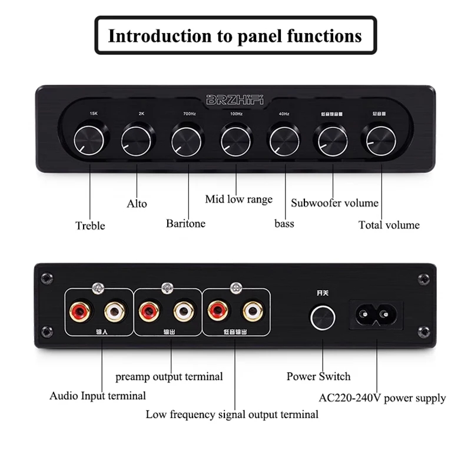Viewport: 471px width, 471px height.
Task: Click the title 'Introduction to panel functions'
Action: click(x=235, y=36)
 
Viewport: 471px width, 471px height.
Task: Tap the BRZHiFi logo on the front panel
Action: click(x=235, y=99)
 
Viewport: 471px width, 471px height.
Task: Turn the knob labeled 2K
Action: click(x=138, y=140)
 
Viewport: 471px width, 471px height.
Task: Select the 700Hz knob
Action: click(x=187, y=140)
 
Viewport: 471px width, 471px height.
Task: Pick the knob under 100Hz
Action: click(x=236, y=140)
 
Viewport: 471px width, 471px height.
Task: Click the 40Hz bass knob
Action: click(x=285, y=140)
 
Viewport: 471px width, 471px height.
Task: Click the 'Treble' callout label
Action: click(x=90, y=225)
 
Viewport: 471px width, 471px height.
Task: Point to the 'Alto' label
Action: click(x=137, y=204)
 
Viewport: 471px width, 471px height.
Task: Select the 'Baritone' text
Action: click(x=185, y=223)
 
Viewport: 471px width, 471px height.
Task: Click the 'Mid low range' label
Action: click(x=238, y=199)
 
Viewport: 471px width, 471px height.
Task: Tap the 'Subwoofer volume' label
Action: click(x=334, y=203)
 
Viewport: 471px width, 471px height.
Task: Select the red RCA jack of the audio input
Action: click(x=79, y=310)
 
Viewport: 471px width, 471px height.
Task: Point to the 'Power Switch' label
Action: click(x=318, y=377)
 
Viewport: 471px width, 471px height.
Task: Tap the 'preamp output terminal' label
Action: click(x=169, y=377)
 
